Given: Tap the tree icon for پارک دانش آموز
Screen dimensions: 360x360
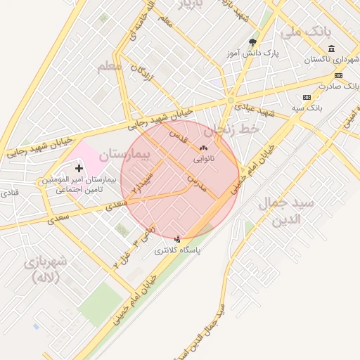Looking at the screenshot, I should (252, 42).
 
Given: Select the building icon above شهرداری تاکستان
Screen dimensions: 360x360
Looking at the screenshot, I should (331, 49).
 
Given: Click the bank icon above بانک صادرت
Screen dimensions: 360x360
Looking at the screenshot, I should (338, 75).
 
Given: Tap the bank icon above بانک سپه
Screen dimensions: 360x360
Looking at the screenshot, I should (307, 97).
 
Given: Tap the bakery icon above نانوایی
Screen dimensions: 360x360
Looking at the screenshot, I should (204, 148).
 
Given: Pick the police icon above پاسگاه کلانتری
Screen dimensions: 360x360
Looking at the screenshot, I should (177, 239).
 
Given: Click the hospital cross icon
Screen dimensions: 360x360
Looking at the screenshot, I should (79, 168).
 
